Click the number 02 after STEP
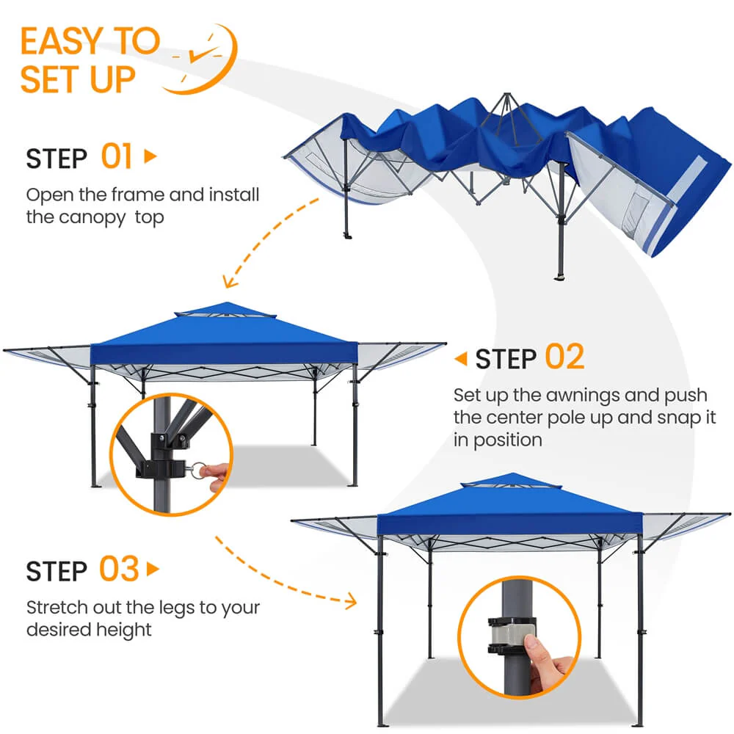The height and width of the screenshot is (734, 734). click(x=564, y=357)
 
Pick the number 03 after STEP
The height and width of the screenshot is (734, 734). click(x=119, y=569)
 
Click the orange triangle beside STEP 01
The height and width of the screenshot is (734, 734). click(x=150, y=156)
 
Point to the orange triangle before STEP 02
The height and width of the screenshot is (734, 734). click(x=461, y=359)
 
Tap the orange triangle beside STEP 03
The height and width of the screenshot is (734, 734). click(x=153, y=570)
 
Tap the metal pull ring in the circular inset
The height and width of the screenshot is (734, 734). click(x=197, y=470)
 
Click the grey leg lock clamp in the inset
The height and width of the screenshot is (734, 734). click(x=512, y=635)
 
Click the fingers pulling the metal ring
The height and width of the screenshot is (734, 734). click(x=217, y=476)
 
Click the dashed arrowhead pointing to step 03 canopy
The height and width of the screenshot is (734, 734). click(x=349, y=601)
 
